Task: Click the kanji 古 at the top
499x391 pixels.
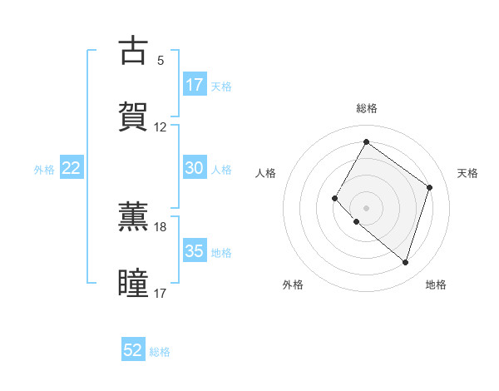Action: [133, 52]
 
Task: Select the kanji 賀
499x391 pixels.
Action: [133, 117]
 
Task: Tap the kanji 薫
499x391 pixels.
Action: [133, 215]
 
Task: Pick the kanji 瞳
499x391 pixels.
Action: [133, 282]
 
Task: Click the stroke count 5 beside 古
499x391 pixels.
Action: [161, 61]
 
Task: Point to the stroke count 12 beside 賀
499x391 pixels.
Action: [161, 127]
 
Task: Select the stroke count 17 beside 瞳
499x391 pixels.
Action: [161, 293]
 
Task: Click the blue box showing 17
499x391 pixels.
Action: [195, 85]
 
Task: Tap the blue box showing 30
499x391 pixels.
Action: [195, 168]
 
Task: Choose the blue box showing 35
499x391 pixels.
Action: [195, 251]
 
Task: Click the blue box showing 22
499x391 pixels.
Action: [72, 168]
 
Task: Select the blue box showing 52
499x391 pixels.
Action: [133, 350]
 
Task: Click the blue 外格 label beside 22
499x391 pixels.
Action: [44, 169]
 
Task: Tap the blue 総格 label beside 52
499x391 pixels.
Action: [161, 352]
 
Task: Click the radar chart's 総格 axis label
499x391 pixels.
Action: [366, 108]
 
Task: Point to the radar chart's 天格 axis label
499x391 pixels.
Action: [467, 173]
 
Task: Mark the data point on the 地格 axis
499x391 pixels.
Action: [405, 263]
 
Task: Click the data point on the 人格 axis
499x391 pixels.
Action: [335, 198]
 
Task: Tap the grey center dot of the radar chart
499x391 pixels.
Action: [366, 208]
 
